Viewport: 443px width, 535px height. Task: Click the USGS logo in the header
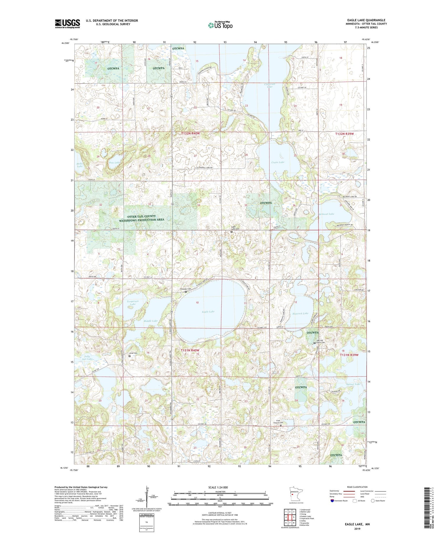(x=67, y=24)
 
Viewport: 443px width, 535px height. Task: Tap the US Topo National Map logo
(x=220, y=25)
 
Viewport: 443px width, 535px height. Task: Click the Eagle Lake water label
(x=208, y=312)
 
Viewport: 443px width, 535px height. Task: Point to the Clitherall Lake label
(x=269, y=85)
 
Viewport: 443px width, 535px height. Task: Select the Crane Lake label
(x=278, y=162)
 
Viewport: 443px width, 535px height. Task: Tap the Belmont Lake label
(x=326, y=214)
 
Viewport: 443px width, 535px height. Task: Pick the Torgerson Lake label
(x=133, y=302)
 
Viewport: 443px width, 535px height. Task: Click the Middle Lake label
(x=151, y=321)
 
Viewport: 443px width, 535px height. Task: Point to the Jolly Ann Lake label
(x=88, y=358)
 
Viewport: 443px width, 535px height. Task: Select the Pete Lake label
(x=115, y=163)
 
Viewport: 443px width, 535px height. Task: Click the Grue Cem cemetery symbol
(x=129, y=356)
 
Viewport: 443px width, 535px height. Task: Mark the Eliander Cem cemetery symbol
(x=186, y=292)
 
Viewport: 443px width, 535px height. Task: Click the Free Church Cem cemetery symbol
(x=281, y=425)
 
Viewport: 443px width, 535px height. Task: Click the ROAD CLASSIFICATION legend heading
(x=357, y=487)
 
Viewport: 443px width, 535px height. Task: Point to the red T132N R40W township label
(x=190, y=133)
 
